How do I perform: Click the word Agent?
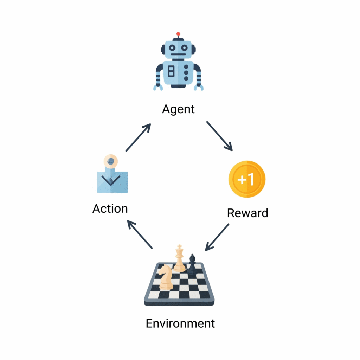click(178, 109)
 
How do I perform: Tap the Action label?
click(110, 209)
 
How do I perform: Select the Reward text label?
click(247, 213)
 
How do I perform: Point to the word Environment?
click(180, 323)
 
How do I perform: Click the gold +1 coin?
click(247, 179)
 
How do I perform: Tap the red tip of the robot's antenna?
click(178, 34)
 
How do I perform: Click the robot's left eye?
click(172, 47)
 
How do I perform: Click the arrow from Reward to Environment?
click(217, 237)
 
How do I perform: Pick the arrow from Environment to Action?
click(140, 234)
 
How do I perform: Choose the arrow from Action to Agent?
click(138, 137)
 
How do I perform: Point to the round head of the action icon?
click(111, 161)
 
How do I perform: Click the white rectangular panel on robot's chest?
click(171, 71)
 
